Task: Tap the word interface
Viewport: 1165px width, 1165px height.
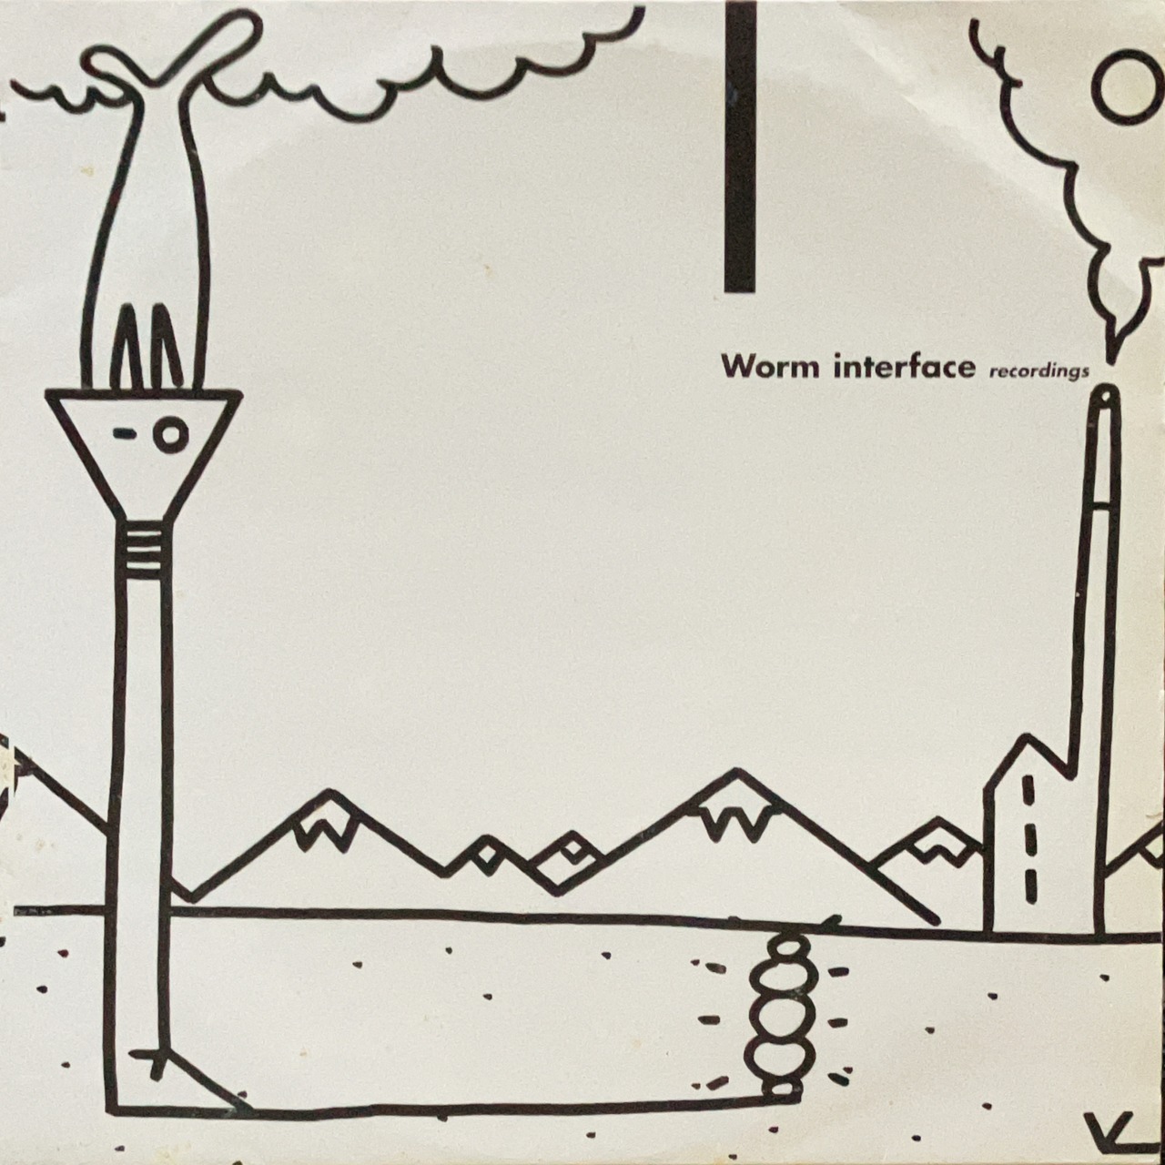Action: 905,365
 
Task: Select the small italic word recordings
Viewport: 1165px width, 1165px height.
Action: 1038,370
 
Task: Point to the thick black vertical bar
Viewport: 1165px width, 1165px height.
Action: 741,147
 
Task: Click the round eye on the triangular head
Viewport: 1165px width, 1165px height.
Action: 171,434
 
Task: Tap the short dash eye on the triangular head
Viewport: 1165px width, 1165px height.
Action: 125,431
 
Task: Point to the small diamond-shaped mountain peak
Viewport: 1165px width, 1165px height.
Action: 572,849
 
